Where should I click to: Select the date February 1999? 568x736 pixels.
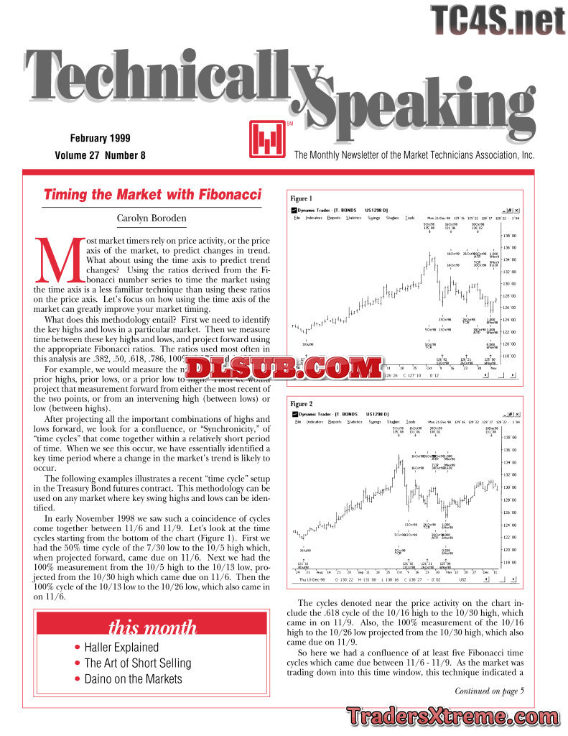click(x=100, y=138)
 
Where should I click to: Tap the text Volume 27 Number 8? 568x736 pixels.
click(x=100, y=155)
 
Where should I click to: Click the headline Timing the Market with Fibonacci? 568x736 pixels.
click(x=152, y=195)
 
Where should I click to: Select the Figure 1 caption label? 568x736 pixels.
click(x=301, y=198)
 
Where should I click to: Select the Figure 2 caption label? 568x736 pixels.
click(x=301, y=404)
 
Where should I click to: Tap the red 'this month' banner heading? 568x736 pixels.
click(x=152, y=627)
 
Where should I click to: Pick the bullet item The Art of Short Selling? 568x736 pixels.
click(x=137, y=663)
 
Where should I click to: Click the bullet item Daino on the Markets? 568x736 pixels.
click(x=133, y=678)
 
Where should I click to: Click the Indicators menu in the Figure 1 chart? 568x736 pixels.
click(x=314, y=218)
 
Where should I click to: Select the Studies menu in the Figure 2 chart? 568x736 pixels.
click(x=392, y=422)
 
